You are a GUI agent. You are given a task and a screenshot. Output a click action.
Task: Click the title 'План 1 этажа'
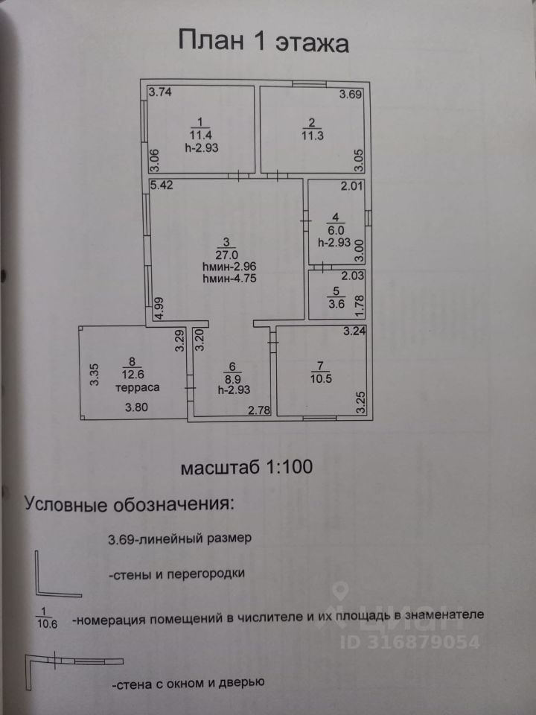coord(264,42)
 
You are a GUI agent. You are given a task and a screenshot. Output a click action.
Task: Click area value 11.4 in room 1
coord(200,136)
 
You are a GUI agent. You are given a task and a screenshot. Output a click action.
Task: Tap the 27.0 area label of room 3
coord(227,253)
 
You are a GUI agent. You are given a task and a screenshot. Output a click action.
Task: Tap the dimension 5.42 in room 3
coord(162,185)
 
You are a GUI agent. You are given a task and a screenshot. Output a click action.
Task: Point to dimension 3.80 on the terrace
coord(137,407)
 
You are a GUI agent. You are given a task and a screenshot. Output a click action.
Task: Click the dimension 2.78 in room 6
coord(259,409)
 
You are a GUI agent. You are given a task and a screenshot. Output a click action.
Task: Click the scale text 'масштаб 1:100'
coord(245,468)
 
